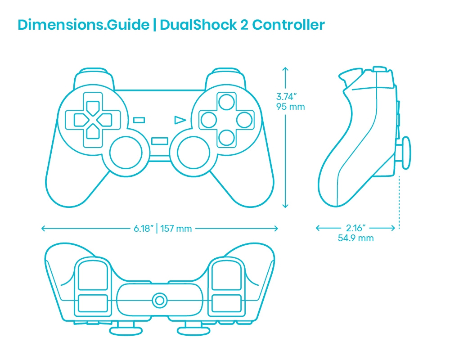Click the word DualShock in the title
click(x=198, y=25)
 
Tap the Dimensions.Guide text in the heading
click(x=84, y=25)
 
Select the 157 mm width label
click(x=176, y=229)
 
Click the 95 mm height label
click(x=290, y=107)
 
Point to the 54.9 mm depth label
click(x=355, y=238)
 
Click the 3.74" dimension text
click(x=286, y=97)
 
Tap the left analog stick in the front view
click(x=126, y=153)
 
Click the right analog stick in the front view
click(x=193, y=153)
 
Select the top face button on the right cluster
click(x=226, y=102)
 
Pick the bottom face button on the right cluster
click(x=226, y=138)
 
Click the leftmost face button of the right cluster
click(x=209, y=120)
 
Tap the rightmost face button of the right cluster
click(x=244, y=120)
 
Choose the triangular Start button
click(x=180, y=120)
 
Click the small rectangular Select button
click(x=139, y=120)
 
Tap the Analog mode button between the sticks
click(x=160, y=141)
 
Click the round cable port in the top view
click(x=160, y=301)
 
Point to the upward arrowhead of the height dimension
click(x=285, y=69)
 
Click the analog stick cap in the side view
click(x=406, y=153)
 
